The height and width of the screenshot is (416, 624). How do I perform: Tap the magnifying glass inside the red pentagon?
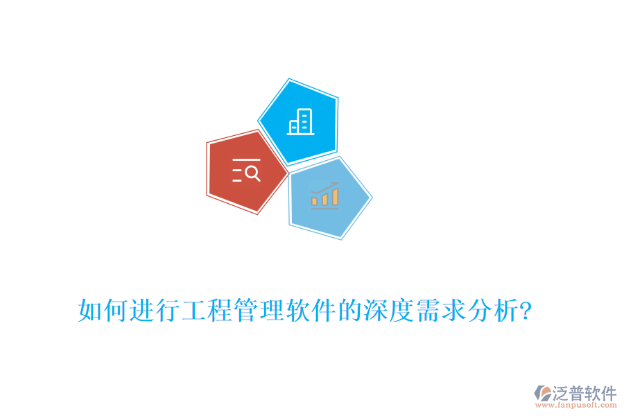[x=252, y=173]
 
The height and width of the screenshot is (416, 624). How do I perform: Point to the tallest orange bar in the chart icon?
[x=336, y=197]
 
